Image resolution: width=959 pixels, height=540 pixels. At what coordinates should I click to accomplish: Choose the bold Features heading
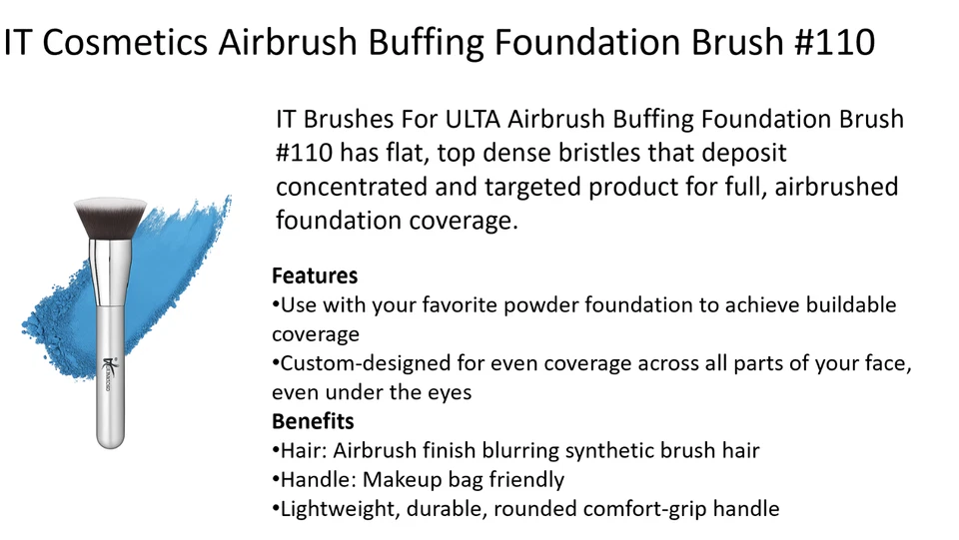315,275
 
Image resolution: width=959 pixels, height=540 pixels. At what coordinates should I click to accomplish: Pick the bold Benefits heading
313,421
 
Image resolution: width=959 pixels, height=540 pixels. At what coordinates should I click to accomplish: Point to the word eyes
451,392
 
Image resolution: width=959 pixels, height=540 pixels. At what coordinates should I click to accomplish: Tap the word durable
431,509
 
